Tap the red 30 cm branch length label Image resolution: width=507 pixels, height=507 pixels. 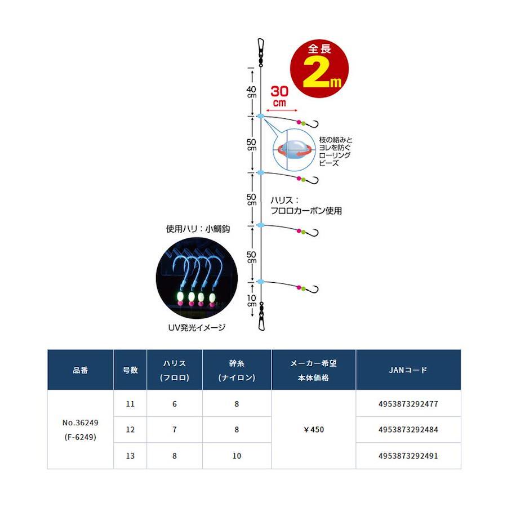[x=280, y=96]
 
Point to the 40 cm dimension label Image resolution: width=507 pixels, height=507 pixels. [x=251, y=92]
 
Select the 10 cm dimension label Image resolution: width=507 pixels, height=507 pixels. [x=251, y=301]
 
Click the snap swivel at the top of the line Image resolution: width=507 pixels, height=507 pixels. [x=260, y=47]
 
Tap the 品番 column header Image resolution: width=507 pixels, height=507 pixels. [x=81, y=370]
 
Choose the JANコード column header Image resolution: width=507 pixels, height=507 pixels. [x=408, y=370]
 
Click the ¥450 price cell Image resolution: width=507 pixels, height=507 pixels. [x=313, y=430]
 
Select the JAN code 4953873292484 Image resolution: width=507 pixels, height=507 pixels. [x=408, y=430]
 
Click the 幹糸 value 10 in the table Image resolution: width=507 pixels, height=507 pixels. [x=237, y=456]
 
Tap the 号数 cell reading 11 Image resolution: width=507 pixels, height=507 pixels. [x=130, y=403]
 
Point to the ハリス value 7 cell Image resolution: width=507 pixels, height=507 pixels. [x=175, y=430]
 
